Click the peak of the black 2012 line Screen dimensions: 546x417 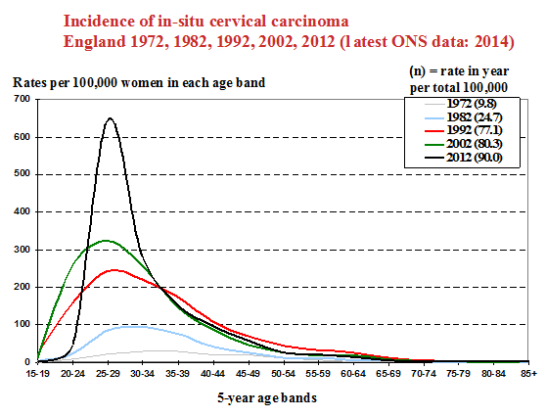pos(110,118)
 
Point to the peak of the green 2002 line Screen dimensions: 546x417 pos(105,241)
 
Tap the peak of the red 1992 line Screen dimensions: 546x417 pos(114,269)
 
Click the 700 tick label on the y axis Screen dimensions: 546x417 pos(22,99)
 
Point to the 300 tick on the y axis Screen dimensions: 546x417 pos(22,250)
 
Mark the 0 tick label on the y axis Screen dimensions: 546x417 pos(27,362)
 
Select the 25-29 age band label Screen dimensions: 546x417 pos(108,374)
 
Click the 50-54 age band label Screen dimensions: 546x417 pos(283,374)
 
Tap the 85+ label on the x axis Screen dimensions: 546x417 pos(529,374)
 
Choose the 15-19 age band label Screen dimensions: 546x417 pos(38,374)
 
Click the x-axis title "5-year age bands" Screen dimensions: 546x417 pos(267,397)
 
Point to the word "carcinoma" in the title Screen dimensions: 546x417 pos(310,22)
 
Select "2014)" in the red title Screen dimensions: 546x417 pos(494,42)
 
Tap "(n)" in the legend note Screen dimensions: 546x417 pos(418,71)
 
